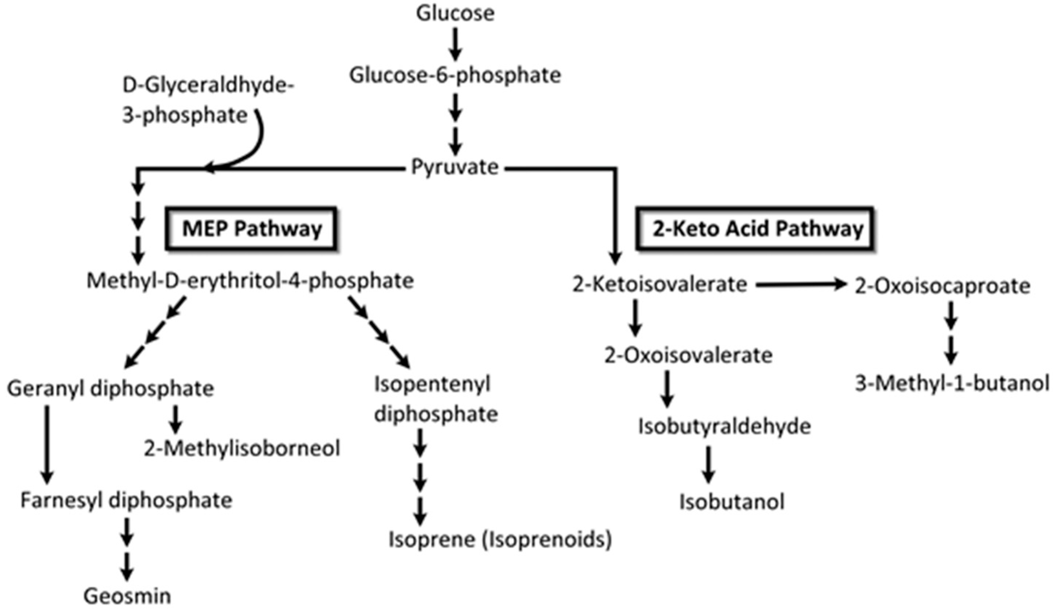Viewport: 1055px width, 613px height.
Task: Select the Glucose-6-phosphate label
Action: click(455, 76)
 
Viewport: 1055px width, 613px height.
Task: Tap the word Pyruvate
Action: click(455, 167)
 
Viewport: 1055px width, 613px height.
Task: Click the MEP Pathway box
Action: click(252, 229)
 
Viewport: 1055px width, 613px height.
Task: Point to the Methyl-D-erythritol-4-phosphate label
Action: click(250, 281)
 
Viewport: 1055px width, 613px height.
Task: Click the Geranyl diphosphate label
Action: click(111, 389)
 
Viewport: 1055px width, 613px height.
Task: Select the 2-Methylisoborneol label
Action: click(242, 449)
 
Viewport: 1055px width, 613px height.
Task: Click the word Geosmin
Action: click(127, 596)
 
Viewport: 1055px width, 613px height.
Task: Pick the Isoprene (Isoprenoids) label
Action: click(500, 540)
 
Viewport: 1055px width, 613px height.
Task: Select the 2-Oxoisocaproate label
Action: click(942, 286)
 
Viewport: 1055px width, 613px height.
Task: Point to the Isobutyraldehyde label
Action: click(724, 427)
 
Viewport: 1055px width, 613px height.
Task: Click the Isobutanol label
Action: click(732, 502)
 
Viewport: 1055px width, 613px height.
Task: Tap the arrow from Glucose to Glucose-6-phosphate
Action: click(456, 44)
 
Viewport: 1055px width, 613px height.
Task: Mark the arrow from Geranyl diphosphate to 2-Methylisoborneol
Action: click(175, 419)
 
